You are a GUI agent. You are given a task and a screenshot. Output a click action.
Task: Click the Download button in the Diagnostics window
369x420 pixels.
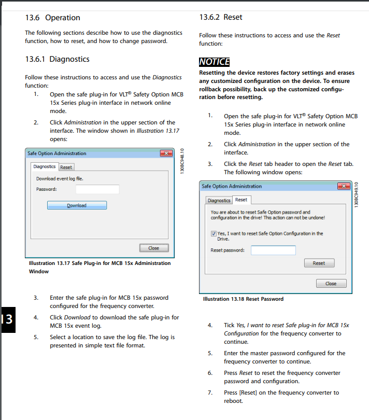click(77, 205)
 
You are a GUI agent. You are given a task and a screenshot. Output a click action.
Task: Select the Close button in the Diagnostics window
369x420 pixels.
click(154, 248)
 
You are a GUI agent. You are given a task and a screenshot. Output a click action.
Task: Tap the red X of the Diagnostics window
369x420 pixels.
click(166, 153)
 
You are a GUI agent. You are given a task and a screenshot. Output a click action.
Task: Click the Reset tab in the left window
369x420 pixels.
click(66, 167)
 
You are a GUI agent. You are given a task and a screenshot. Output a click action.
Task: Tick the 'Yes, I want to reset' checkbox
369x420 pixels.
click(214, 233)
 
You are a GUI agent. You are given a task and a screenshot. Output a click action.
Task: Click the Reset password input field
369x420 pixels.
click(273, 250)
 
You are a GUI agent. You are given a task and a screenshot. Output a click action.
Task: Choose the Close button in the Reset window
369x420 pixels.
click(331, 284)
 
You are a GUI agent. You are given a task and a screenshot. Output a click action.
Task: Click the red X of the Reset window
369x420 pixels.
click(343, 186)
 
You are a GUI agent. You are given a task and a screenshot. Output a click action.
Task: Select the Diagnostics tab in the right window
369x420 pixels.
click(219, 200)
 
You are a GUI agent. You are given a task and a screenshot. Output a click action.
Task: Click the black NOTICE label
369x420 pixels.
click(214, 62)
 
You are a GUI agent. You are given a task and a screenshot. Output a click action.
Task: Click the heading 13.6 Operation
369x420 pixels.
click(52, 18)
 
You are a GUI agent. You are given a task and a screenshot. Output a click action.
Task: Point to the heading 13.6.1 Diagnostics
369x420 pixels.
click(57, 59)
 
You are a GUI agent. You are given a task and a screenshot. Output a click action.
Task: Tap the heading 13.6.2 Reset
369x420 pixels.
click(220, 17)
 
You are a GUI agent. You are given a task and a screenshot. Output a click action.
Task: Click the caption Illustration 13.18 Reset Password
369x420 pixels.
click(243, 299)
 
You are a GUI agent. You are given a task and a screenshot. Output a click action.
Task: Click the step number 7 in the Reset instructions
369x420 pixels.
click(210, 393)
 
